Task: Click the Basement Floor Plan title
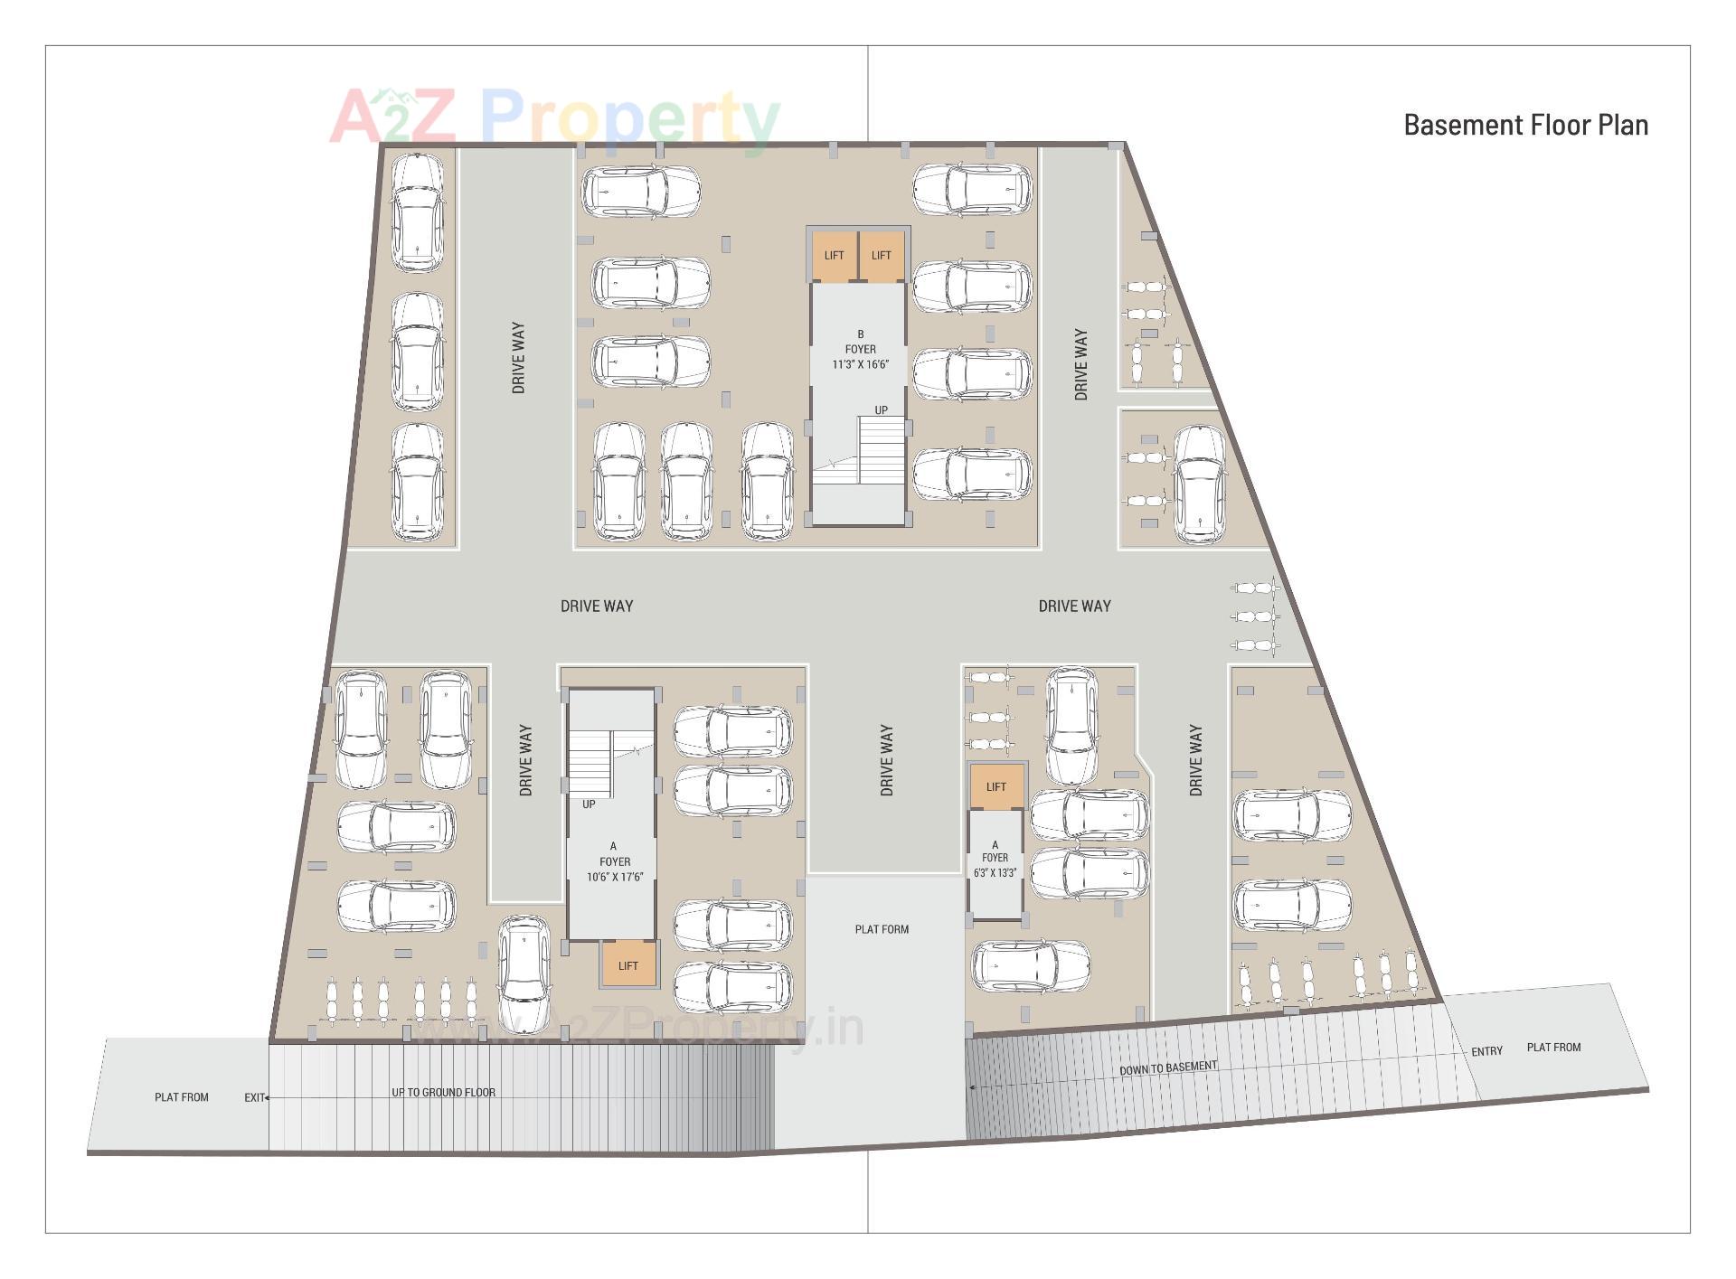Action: coord(1525,125)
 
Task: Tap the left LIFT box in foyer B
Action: coord(834,256)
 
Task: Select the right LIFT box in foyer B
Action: coord(881,256)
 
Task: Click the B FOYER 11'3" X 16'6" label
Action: coord(860,350)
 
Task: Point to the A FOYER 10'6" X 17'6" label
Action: coord(614,862)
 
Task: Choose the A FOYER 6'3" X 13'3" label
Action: coord(995,859)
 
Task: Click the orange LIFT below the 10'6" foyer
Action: coord(627,965)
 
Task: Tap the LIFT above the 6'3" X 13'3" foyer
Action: coord(995,786)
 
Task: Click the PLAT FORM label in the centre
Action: coord(882,929)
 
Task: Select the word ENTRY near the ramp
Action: coord(1486,1051)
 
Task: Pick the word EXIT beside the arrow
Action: coord(254,1097)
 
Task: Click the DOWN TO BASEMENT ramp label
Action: coord(1168,1068)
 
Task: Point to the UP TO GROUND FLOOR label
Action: coord(443,1092)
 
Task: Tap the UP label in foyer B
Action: coord(881,410)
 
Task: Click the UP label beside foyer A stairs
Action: coord(589,804)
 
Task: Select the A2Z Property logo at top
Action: coord(553,118)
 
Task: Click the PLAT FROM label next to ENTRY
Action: coord(1553,1048)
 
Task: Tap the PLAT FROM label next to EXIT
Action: coord(182,1097)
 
